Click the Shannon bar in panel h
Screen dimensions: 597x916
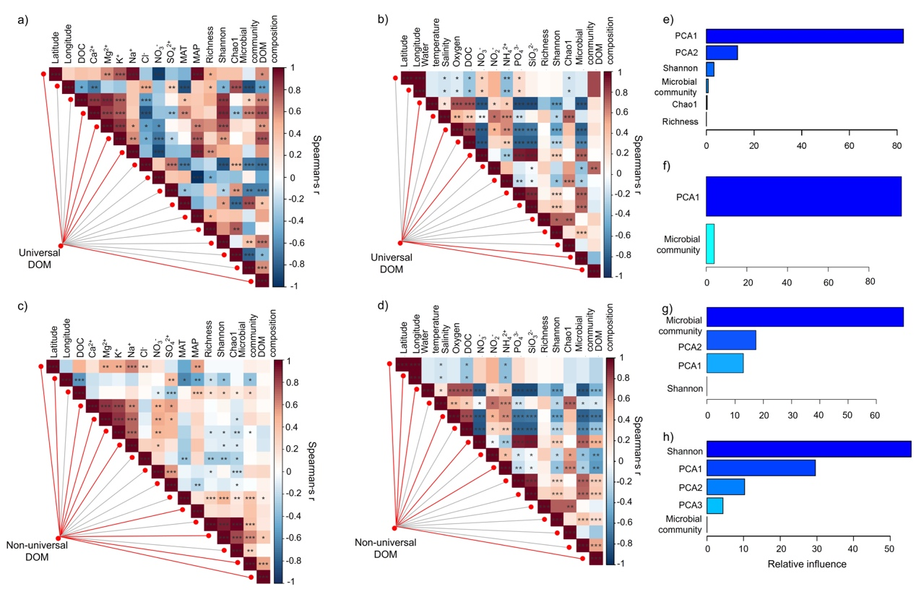click(x=808, y=450)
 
